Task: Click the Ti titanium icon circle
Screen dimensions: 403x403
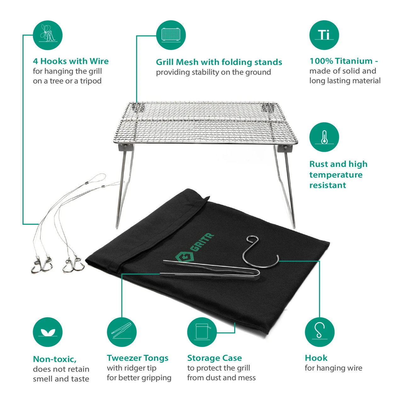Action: click(x=324, y=35)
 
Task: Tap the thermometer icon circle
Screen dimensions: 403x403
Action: click(x=324, y=137)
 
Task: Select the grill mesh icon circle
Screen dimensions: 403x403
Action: click(x=171, y=35)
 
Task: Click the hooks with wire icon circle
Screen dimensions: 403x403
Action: click(x=48, y=35)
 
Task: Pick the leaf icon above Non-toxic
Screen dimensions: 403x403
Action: click(x=48, y=332)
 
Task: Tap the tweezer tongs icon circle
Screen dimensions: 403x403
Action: click(x=122, y=332)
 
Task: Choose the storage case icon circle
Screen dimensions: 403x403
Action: click(x=202, y=332)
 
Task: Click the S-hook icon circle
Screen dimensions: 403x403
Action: click(x=320, y=332)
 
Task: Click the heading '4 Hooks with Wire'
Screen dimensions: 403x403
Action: click(x=71, y=61)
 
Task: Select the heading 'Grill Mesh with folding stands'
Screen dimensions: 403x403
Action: click(x=219, y=62)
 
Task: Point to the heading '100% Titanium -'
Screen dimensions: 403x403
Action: click(x=343, y=61)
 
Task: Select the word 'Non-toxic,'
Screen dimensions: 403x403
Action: click(x=55, y=360)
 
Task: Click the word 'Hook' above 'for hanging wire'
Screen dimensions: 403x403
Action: click(x=316, y=358)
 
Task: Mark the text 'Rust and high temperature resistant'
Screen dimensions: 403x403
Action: click(x=338, y=174)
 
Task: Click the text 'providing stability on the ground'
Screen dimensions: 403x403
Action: click(x=213, y=72)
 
